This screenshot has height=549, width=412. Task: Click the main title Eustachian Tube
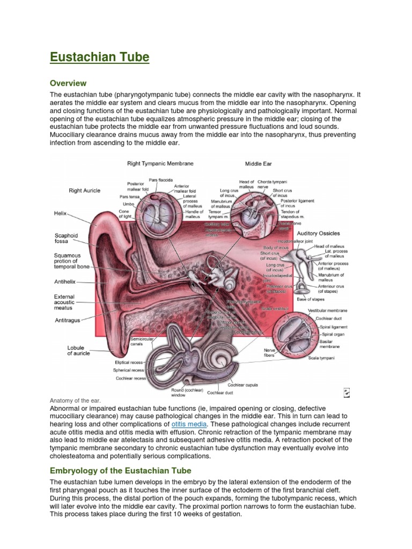click(99, 57)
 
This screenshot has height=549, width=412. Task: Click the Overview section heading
click(68, 83)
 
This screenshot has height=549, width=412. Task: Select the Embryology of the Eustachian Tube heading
click(120, 471)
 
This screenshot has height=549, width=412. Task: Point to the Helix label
click(60, 213)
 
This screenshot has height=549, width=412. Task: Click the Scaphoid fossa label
click(66, 238)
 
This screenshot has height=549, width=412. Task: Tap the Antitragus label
click(67, 321)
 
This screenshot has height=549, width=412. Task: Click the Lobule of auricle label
click(78, 351)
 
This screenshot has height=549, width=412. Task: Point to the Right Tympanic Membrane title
click(160, 163)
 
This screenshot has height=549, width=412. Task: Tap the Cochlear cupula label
click(242, 385)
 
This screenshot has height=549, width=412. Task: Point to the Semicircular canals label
click(141, 342)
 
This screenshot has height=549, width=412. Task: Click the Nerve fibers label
click(269, 352)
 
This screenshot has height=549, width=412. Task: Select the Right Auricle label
click(84, 190)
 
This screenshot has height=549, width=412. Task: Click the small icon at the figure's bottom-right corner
click(347, 393)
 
